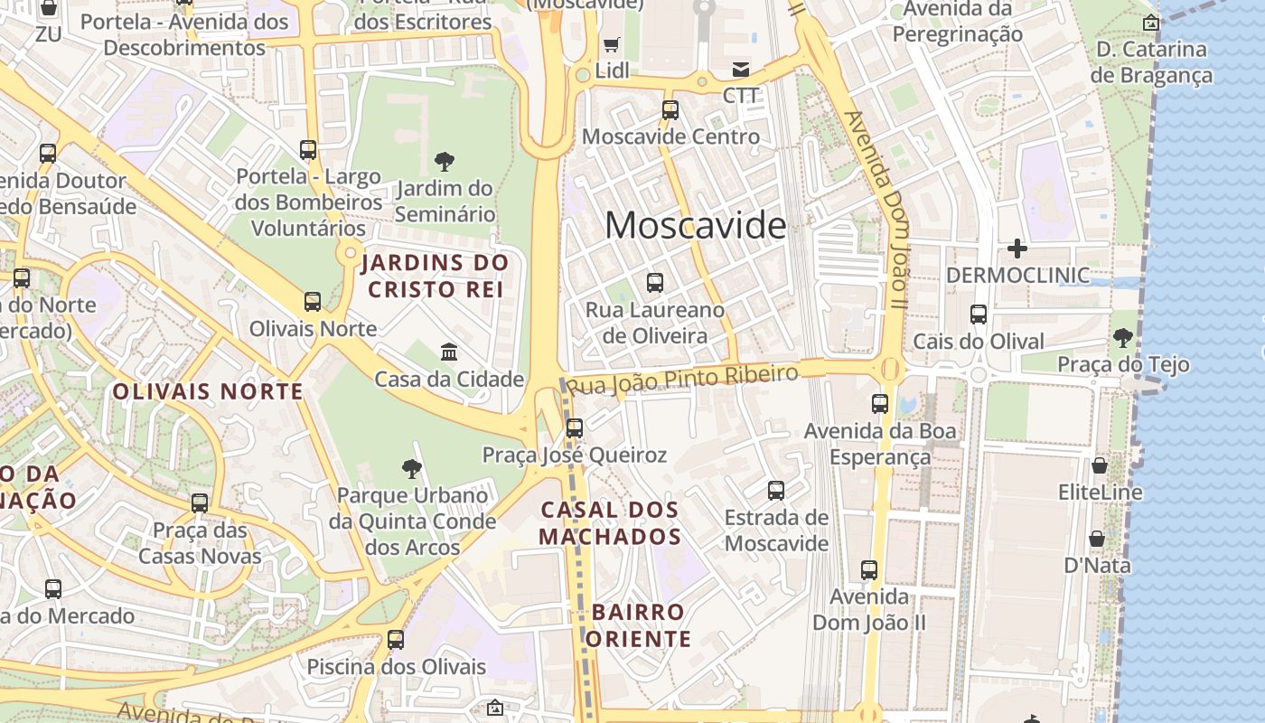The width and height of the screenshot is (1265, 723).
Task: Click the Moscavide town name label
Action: pyautogui.click(x=695, y=225)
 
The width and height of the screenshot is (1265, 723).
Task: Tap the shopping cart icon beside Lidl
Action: pyautogui.click(x=612, y=44)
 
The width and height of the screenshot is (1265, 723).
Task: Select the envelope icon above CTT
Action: pyautogui.click(x=741, y=69)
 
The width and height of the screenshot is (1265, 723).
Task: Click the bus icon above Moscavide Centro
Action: pyautogui.click(x=670, y=110)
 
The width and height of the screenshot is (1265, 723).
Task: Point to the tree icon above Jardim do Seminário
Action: pyautogui.click(x=444, y=162)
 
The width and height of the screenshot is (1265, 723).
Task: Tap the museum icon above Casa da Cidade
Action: pyautogui.click(x=448, y=351)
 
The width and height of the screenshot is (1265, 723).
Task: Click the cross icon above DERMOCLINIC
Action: pyautogui.click(x=1017, y=248)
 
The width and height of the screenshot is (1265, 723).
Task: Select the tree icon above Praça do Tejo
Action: pyautogui.click(x=1122, y=338)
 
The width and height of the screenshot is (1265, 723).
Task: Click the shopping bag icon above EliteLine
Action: pyautogui.click(x=1100, y=465)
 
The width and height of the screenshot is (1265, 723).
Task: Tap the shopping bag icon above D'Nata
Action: pyautogui.click(x=1097, y=539)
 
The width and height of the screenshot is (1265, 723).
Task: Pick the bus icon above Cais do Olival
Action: pyautogui.click(x=979, y=315)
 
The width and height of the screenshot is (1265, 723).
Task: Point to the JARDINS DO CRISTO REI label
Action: pyautogui.click(x=436, y=277)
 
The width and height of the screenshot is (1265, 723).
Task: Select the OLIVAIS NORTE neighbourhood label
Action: pyautogui.click(x=208, y=391)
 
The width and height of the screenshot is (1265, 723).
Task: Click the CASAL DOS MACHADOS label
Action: pyautogui.click(x=610, y=523)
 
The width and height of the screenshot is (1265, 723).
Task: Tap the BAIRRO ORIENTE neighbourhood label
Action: pyautogui.click(x=640, y=625)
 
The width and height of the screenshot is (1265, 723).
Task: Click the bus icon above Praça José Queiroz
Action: pyautogui.click(x=574, y=427)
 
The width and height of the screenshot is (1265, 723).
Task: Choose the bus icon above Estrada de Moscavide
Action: pyautogui.click(x=776, y=491)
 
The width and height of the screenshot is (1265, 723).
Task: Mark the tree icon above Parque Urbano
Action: pyautogui.click(x=412, y=468)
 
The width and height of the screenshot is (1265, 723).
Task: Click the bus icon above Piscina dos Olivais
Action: pyautogui.click(x=396, y=640)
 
